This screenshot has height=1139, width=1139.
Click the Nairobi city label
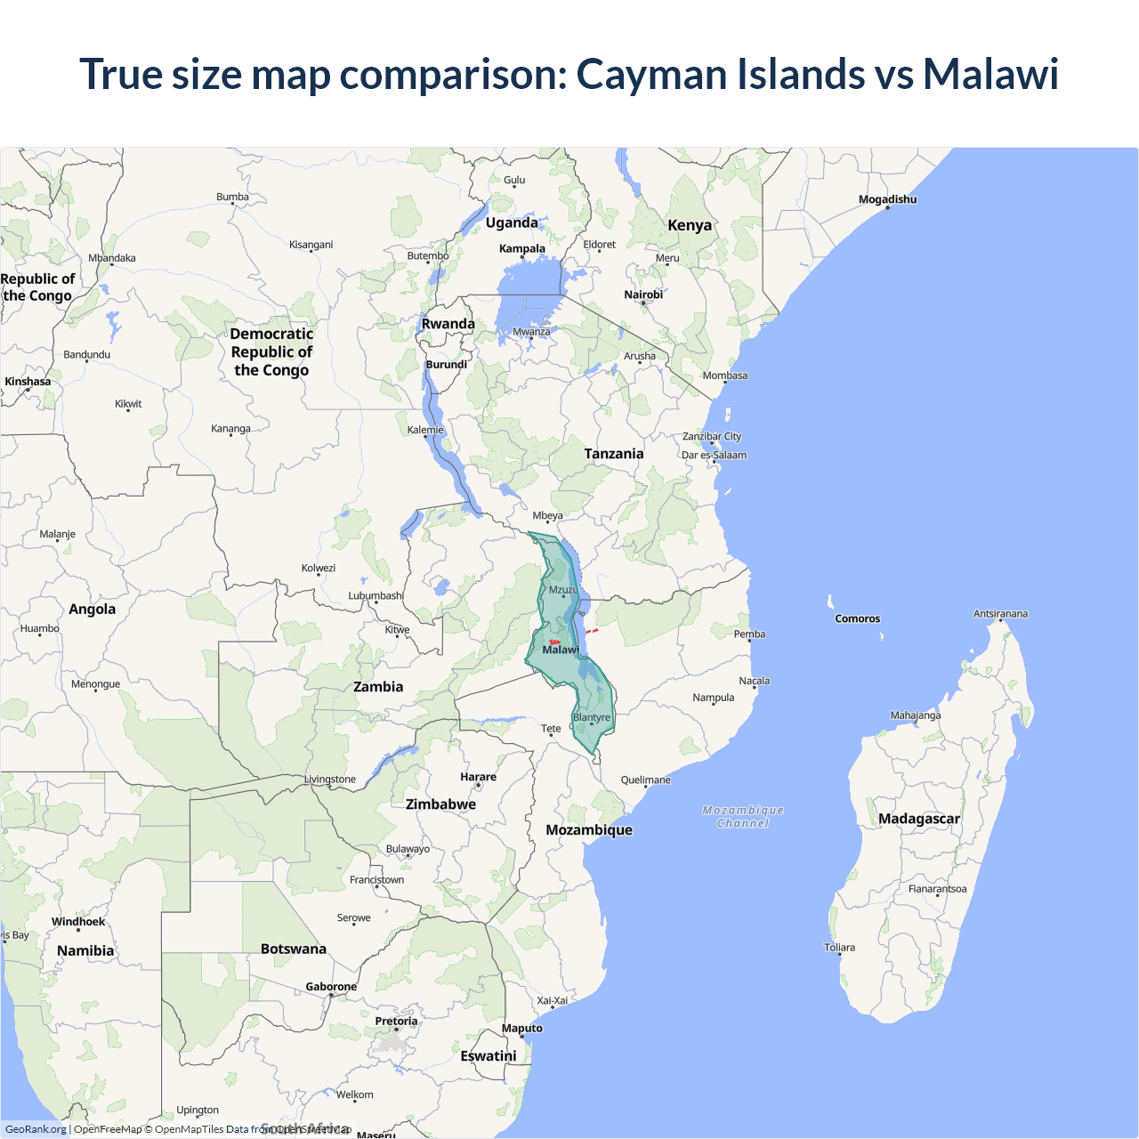643,295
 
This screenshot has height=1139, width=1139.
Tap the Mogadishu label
887,199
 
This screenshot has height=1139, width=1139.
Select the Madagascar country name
918,819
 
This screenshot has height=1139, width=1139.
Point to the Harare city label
478,777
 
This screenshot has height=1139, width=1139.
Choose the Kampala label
521,248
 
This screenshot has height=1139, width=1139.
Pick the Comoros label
857,618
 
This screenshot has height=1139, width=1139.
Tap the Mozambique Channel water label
743,817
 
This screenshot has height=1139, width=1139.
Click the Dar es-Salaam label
714,455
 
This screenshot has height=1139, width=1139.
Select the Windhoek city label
78,922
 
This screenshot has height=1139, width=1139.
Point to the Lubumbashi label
376,595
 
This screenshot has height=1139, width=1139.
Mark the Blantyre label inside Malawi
592,717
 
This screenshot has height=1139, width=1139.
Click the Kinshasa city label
28,382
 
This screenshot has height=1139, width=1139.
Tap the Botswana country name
294,949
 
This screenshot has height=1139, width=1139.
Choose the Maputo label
521,1028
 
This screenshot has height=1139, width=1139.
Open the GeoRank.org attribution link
36,1129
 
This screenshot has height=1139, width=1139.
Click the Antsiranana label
1000,614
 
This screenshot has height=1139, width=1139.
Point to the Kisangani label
311,245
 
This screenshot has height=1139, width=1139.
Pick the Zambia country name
378,687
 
